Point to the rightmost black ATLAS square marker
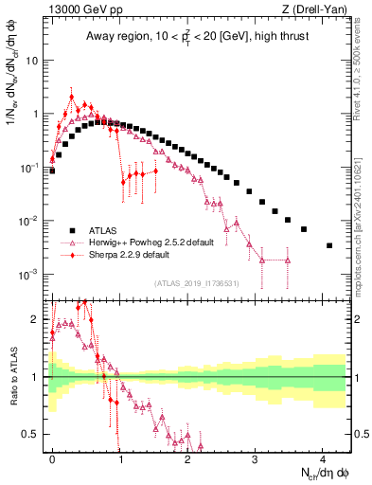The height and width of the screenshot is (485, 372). point(328,245)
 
